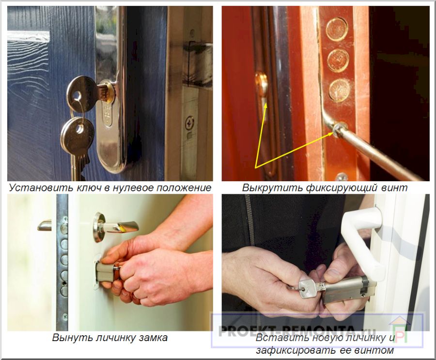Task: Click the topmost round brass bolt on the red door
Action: pyautogui.click(x=337, y=30)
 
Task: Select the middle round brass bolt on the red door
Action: pyautogui.click(x=338, y=60)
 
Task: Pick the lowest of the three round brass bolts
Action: pyautogui.click(x=339, y=90)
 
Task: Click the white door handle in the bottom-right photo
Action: pyautogui.click(x=361, y=236)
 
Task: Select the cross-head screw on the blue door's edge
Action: pyautogui.click(x=189, y=123)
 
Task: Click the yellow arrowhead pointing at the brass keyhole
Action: pyautogui.click(x=265, y=105)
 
